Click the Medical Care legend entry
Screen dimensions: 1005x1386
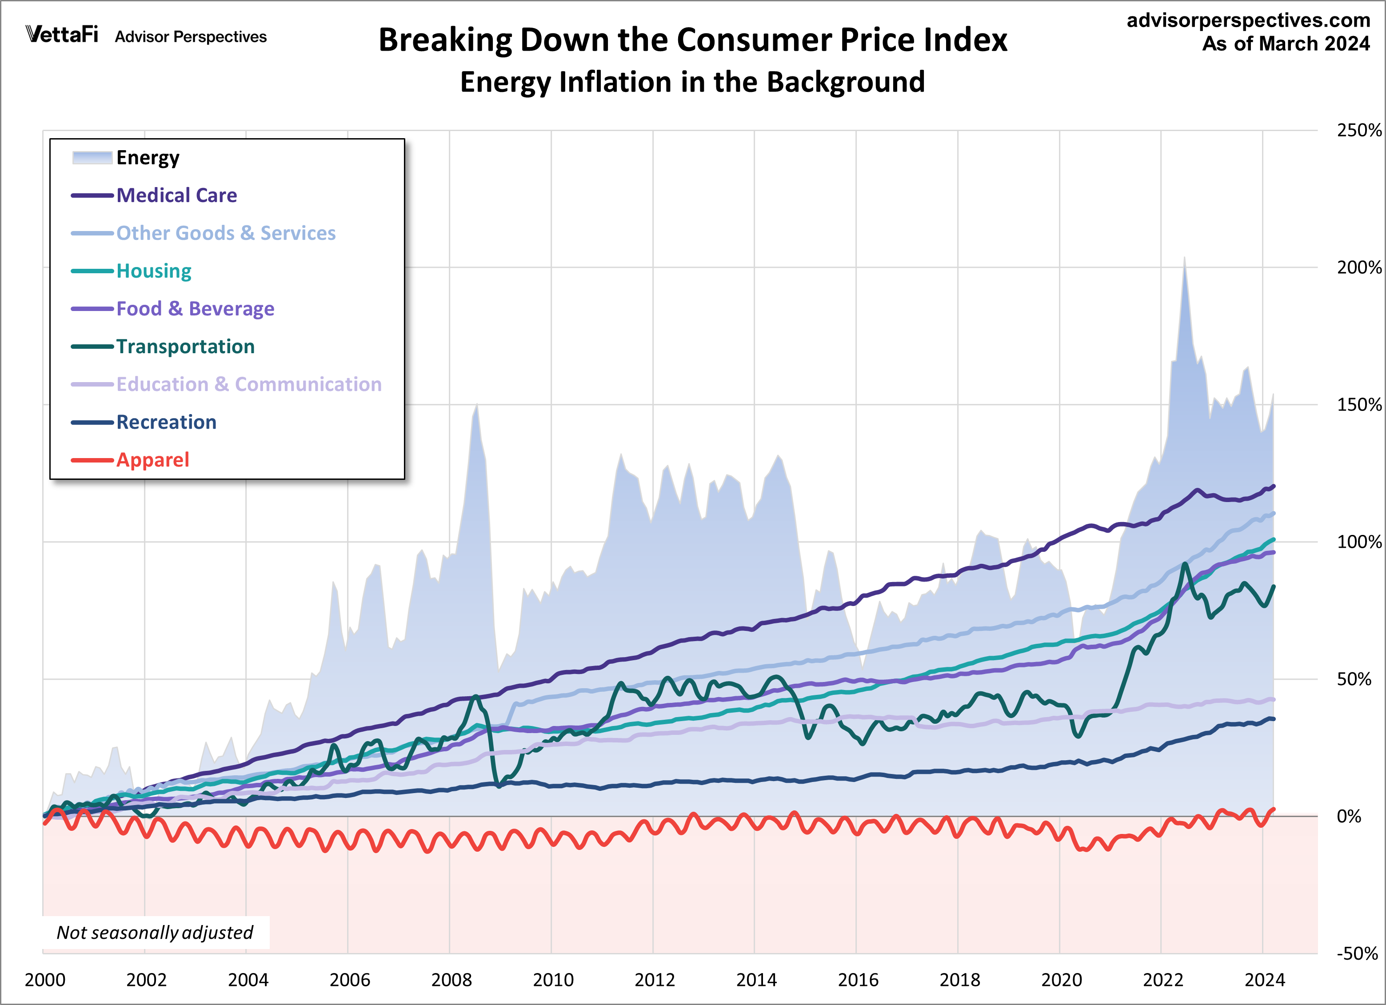176,195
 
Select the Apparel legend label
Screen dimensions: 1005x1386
153,460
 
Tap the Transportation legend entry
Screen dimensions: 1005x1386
185,347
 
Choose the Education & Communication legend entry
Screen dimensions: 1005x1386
249,384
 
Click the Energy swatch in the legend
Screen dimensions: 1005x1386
92,158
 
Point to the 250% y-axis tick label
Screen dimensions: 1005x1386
1358,130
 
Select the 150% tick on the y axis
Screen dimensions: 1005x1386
1358,404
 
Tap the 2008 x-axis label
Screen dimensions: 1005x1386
451,980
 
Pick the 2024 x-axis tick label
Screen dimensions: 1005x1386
1264,980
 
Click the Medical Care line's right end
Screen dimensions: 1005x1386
1273,487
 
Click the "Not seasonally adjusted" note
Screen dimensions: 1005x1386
155,932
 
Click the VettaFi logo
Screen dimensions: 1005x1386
62,34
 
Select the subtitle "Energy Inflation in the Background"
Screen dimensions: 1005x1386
692,82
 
